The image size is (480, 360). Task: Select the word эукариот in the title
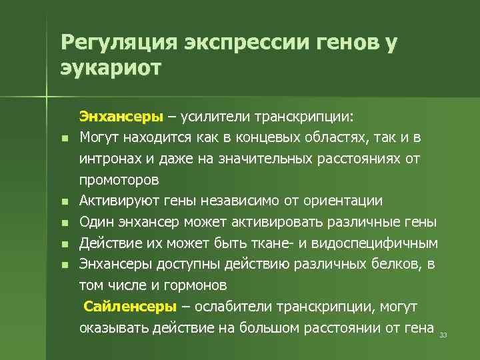[111, 68]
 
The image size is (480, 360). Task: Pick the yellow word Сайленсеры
[131, 307]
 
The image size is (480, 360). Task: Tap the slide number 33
[443, 335]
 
